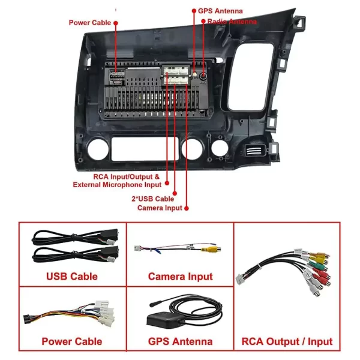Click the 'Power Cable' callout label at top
coord(90,23)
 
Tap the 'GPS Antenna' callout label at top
coord(220,11)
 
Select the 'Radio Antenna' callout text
coord(232,22)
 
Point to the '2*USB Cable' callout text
coord(152,199)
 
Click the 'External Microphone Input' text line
coord(117,185)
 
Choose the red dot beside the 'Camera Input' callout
coord(187,208)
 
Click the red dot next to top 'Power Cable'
coord(116,23)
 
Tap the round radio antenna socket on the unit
coord(203,76)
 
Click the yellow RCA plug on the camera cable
coord(211,249)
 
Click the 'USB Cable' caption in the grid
coord(72,277)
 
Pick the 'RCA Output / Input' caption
coord(287,341)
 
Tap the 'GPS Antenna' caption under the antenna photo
coord(180,341)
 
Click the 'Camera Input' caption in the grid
coord(181,277)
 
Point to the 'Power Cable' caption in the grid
coord(72,341)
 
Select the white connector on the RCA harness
coord(241,280)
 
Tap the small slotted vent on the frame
coord(255,150)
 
